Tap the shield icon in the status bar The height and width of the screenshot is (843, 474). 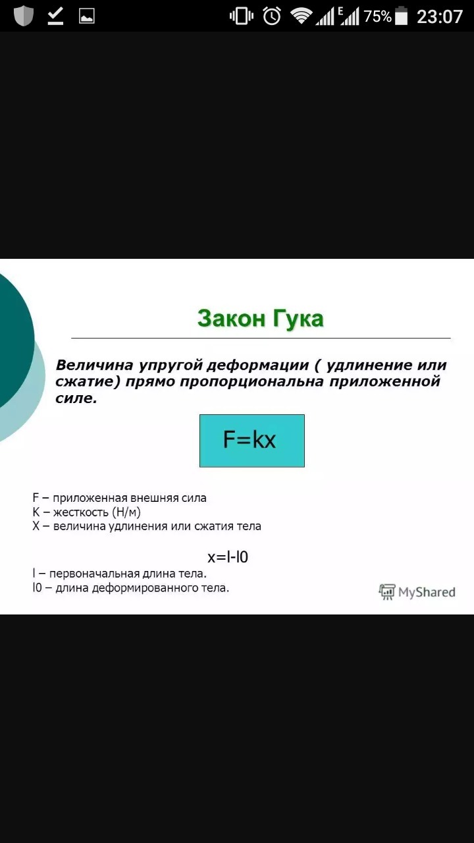click(23, 16)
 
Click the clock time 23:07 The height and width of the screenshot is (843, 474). click(439, 17)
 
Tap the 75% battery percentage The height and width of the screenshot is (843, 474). click(377, 16)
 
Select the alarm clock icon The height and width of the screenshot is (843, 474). click(272, 16)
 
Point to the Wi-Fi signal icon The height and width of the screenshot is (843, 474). click(301, 16)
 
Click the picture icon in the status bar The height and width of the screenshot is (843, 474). click(86, 16)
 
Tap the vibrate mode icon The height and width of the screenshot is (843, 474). click(242, 16)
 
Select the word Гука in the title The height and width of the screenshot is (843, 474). click(298, 319)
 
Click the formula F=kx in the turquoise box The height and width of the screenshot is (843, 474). click(250, 439)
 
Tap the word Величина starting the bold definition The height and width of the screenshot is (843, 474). click(94, 365)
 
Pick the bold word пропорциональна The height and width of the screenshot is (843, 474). click(251, 381)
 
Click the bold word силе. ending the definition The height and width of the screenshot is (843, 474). click(76, 398)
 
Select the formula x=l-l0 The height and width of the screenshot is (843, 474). click(228, 557)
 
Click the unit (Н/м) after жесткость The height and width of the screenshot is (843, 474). click(126, 512)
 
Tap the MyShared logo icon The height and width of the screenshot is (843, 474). click(387, 592)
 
